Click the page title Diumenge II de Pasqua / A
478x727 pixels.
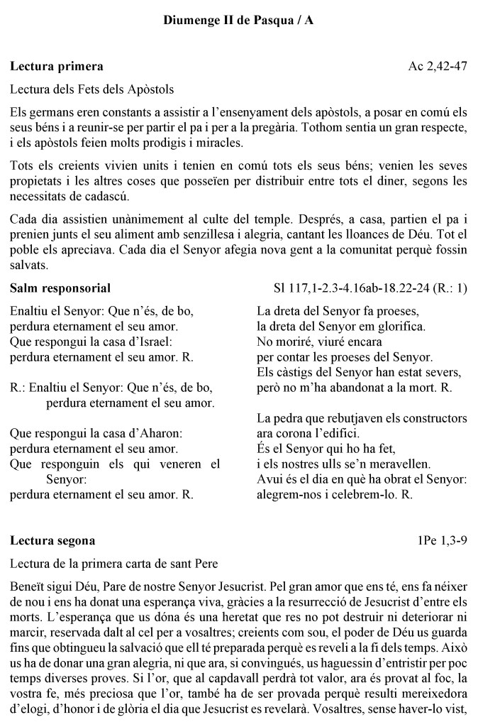[239, 21]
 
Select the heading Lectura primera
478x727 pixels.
[57, 67]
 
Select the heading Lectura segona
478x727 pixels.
[52, 540]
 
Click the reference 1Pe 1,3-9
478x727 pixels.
[443, 540]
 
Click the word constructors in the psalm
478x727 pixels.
[433, 418]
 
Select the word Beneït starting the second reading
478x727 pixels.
[28, 588]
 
